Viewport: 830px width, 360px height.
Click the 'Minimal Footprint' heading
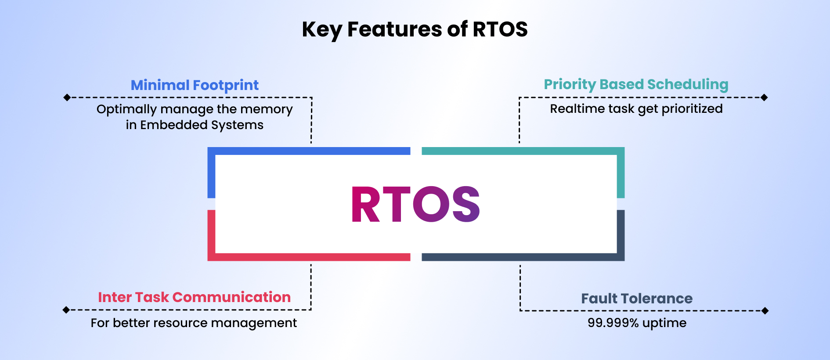195,85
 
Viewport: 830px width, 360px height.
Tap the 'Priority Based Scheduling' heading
636,84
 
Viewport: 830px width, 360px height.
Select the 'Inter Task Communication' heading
194,297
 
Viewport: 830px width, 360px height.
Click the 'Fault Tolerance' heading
637,299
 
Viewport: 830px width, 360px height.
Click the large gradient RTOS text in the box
415,205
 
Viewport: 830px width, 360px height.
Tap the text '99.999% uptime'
637,323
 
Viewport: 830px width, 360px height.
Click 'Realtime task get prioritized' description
636,109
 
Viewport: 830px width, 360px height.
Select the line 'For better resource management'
194,323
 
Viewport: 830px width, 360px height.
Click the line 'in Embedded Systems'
195,125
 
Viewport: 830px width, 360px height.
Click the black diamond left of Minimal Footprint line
67,97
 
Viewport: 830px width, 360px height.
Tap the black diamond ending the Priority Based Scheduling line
764,97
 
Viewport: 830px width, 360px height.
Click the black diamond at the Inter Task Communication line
66,310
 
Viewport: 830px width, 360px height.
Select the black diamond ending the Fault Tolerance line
765,311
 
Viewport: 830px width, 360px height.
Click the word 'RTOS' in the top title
500,29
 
